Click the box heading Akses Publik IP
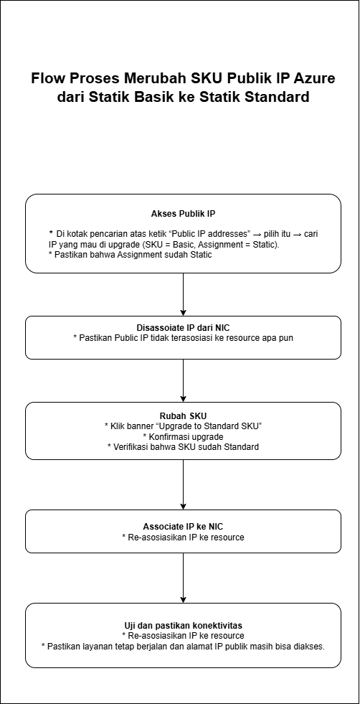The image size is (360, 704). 183,214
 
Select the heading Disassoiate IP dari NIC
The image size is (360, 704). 183,327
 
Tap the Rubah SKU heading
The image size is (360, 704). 183,416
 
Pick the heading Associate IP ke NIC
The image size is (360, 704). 183,526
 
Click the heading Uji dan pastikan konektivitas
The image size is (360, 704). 183,625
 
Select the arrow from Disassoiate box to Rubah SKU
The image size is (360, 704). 183,380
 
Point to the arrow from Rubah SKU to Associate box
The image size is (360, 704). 183,484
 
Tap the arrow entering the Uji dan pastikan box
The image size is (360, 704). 183,578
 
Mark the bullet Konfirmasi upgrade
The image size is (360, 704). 183,436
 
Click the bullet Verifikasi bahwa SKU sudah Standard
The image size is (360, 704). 183,446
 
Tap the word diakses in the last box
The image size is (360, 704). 305,646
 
